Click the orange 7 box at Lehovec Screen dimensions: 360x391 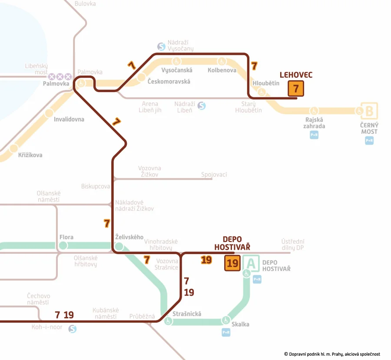tap(295, 89)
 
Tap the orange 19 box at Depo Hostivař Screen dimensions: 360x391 tap(232, 263)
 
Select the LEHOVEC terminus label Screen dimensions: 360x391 tap(296, 75)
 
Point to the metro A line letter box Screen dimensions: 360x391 tap(251, 263)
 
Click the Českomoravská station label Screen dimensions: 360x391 tap(169, 82)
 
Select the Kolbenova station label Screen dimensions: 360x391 tap(222, 70)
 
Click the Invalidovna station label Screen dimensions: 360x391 tap(69, 119)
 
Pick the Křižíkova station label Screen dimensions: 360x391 tap(30, 155)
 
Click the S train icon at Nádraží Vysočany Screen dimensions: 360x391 tap(161, 46)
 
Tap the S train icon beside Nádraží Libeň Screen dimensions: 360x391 tap(201, 106)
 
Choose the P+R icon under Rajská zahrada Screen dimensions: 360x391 tap(314, 135)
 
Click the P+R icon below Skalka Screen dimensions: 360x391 tap(226, 332)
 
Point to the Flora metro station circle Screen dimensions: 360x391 tap(63, 246)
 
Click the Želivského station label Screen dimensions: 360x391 tap(129, 237)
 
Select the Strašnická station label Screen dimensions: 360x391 tap(187, 314)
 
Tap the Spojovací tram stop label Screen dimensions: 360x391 tap(214, 175)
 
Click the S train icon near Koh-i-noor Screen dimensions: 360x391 tap(73, 329)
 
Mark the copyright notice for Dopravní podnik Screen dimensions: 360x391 tap(332, 354)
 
